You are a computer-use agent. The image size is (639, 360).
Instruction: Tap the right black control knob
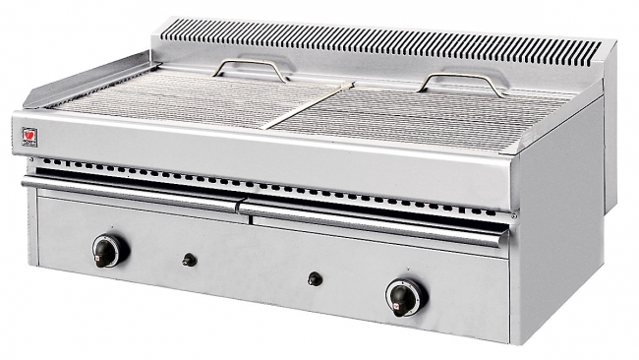403,295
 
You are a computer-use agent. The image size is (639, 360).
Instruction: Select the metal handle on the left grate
252,68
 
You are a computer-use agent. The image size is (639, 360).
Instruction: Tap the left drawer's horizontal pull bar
128,190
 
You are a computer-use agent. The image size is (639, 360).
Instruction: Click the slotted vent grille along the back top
393,44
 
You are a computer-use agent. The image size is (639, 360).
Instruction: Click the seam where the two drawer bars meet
239,206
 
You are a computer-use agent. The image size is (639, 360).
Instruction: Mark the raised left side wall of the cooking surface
79,80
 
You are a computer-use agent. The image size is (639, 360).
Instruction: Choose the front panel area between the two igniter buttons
251,269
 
